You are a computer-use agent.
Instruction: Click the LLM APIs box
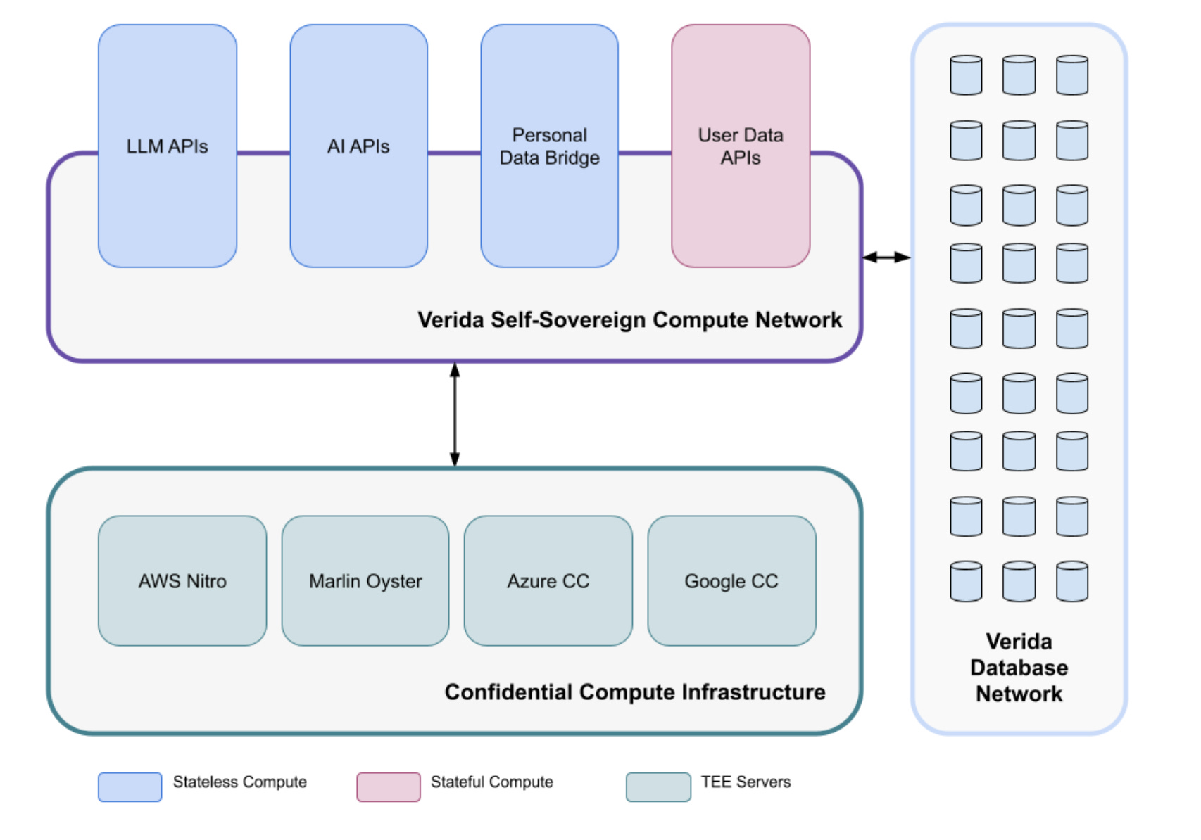168,146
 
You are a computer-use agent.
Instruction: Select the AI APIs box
358,146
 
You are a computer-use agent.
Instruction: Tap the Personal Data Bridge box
549,146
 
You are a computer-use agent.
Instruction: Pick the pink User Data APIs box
741,146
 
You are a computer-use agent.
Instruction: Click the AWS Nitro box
182,581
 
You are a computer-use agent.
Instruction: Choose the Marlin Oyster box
365,581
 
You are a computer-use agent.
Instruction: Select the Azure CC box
548,581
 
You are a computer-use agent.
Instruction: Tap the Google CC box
731,581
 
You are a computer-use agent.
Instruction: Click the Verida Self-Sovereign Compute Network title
629,320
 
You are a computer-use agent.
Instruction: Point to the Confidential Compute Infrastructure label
634,692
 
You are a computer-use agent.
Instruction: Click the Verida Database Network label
1019,668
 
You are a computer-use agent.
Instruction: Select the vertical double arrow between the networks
455,414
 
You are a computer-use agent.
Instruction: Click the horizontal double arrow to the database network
886,257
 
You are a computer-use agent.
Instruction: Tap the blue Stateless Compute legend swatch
130,787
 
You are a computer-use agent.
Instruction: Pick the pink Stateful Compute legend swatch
388,787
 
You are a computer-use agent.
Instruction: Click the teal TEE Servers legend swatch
658,787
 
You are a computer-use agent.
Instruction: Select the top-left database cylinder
966,75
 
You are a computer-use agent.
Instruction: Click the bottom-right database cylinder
1072,581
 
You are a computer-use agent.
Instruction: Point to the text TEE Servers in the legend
746,782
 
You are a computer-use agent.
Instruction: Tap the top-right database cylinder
1072,75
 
